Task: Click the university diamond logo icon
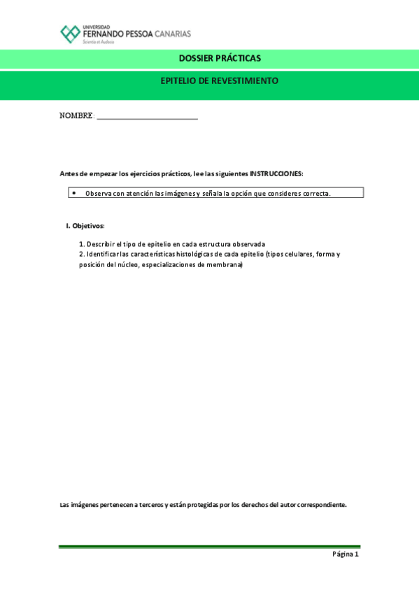[x=70, y=34]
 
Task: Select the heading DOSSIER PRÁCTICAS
[x=219, y=58]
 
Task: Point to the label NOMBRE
[x=76, y=116]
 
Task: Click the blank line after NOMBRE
[x=147, y=117]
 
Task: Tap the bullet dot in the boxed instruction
[x=73, y=192]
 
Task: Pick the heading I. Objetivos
[x=85, y=226]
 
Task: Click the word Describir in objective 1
[x=101, y=243]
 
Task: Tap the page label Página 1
[x=345, y=554]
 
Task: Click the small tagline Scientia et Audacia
[x=98, y=42]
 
